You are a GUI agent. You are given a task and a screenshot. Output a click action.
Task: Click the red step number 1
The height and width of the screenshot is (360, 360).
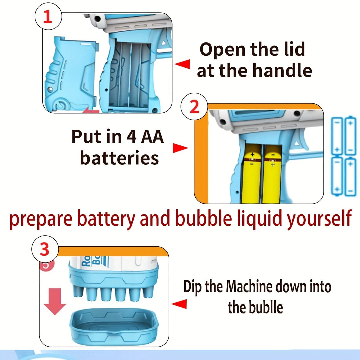48,17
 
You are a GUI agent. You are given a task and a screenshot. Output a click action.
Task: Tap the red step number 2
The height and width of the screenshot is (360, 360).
194,107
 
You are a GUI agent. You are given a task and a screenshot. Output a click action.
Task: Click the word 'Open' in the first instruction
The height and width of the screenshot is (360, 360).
222,50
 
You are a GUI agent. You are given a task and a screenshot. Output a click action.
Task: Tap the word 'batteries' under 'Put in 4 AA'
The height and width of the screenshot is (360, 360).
119,158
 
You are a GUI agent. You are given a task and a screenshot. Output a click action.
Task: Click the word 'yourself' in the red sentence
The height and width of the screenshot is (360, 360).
319,218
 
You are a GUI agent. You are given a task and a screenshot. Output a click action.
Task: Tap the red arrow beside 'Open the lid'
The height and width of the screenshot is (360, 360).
182,64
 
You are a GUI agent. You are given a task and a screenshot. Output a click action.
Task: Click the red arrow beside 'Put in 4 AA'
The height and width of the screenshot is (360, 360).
180,148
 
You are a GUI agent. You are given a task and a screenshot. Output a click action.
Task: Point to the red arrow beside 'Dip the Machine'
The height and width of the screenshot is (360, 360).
179,304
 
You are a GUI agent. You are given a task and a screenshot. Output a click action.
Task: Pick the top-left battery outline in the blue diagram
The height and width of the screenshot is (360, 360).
337,136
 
